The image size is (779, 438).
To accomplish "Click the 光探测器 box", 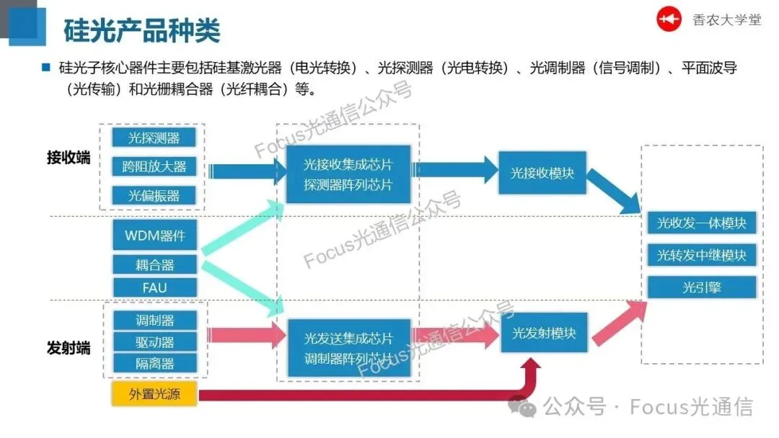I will tap(154, 138).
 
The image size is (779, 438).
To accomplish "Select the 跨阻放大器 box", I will tap(154, 166).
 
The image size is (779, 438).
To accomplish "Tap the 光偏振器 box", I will tap(154, 195).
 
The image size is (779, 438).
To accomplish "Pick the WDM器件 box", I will tap(154, 236).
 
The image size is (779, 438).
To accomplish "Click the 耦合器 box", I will tap(154, 264).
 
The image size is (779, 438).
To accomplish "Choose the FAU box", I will tap(154, 287).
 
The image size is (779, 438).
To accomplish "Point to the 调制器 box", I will tap(154, 320).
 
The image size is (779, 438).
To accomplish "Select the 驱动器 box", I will tap(154, 341).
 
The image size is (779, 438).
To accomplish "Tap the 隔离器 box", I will tap(154, 363).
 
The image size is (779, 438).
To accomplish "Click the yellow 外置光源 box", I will tap(154, 394).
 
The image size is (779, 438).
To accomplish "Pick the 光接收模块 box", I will tap(542, 173).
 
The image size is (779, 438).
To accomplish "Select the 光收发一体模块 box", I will tap(701, 223).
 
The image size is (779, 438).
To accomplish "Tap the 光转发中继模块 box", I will tap(701, 255).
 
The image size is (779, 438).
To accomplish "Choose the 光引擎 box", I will tap(701, 287).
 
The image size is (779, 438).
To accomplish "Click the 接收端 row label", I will tap(69, 158).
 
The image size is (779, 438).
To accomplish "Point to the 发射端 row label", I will tap(69, 348).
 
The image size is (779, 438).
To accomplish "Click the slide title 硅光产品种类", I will tap(142, 30).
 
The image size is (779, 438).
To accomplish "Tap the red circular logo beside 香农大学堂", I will tap(669, 20).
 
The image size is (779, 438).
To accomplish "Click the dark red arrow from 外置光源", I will tap(361, 395).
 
